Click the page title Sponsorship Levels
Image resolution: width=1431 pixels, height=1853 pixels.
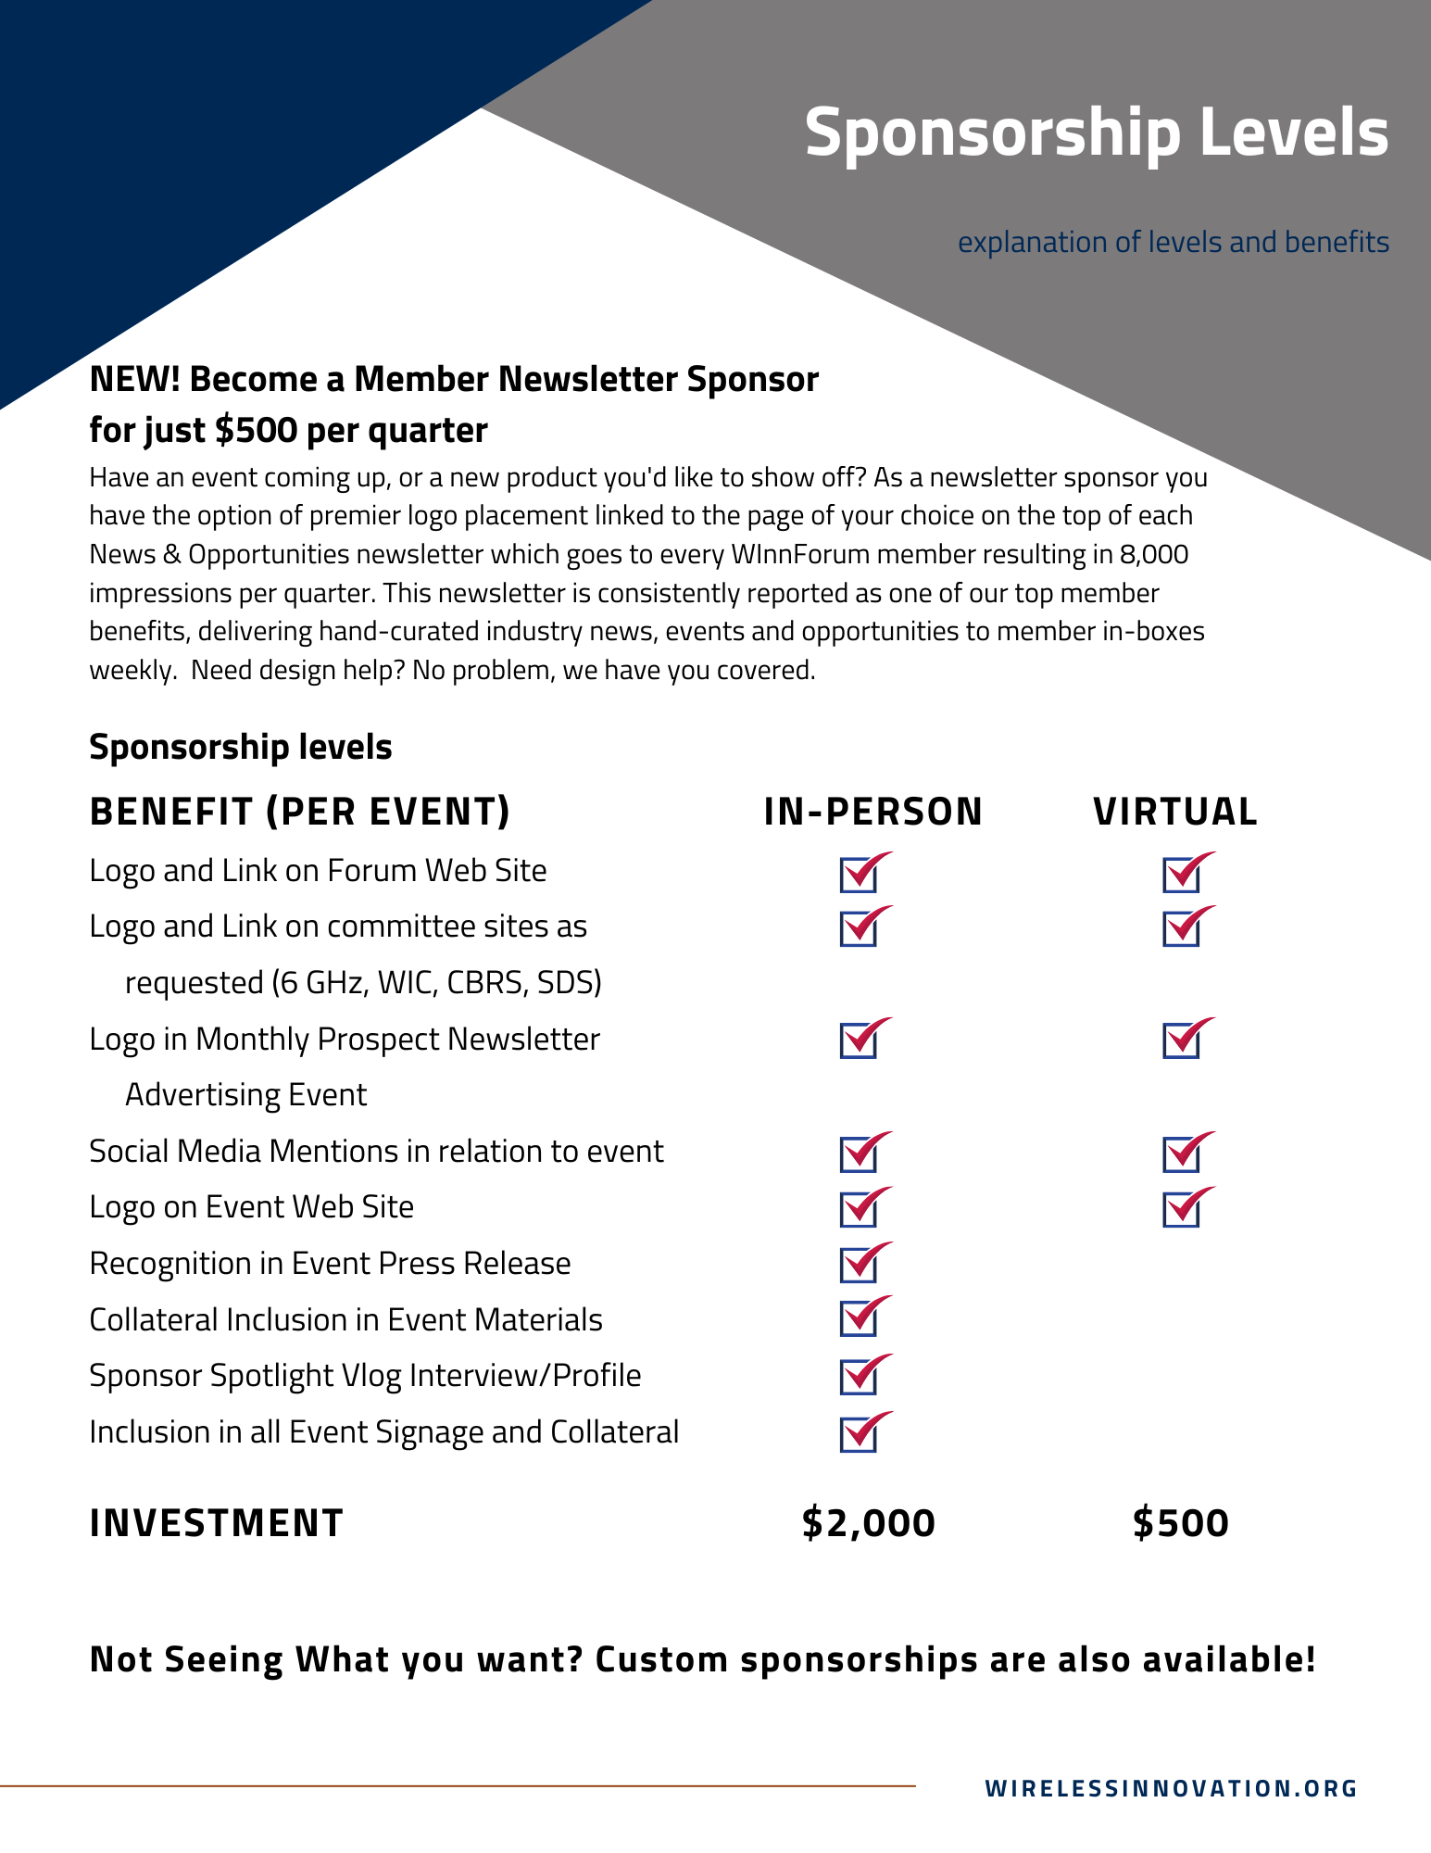[1097, 132]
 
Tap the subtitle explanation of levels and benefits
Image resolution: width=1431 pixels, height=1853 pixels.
[1173, 242]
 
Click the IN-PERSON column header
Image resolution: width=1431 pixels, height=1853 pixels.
[872, 812]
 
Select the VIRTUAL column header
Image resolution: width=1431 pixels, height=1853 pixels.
[1175, 812]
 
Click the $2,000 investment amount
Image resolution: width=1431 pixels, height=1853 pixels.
[869, 1523]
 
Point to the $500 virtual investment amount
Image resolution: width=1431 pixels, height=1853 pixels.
[1181, 1523]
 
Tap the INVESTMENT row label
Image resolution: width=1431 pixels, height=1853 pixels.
[216, 1523]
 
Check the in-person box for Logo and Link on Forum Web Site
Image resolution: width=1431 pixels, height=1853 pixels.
[860, 875]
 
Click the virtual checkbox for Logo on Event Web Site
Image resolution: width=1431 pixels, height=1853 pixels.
[1182, 1209]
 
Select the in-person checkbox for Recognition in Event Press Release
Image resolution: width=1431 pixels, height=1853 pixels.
[860, 1265]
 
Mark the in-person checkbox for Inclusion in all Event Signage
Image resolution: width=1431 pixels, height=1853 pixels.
[860, 1434]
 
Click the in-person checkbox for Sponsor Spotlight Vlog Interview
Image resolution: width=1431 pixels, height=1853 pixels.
[860, 1377]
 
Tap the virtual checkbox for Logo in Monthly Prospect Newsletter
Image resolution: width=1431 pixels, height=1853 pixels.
[1182, 1040]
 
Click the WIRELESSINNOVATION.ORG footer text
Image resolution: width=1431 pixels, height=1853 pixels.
[1171, 1788]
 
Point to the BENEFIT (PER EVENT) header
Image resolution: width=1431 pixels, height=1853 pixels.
[300, 812]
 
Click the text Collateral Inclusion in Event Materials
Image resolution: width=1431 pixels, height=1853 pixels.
[345, 1320]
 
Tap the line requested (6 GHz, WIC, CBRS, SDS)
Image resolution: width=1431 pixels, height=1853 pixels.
[363, 982]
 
